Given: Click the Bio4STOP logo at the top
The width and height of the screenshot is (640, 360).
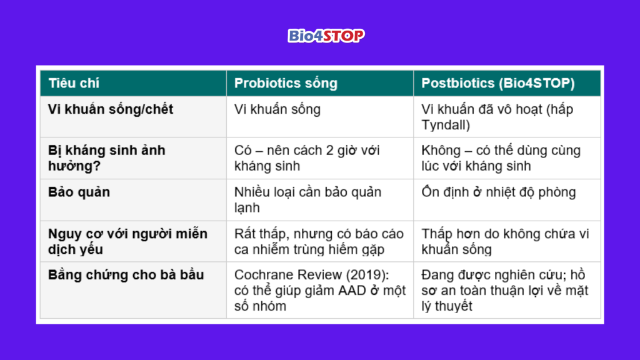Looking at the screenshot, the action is click(x=326, y=36).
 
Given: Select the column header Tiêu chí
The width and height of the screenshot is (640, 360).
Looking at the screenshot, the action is click(x=74, y=83).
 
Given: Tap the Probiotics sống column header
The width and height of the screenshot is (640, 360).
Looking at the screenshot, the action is click(x=286, y=83).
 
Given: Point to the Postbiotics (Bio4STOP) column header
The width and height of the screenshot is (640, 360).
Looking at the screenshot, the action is click(x=498, y=83).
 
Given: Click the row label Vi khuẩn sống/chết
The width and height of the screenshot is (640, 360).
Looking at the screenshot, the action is click(x=111, y=109).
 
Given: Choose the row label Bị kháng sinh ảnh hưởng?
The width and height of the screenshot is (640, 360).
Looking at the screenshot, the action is click(x=107, y=158).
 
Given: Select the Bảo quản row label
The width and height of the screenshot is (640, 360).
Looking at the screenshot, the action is click(x=79, y=192).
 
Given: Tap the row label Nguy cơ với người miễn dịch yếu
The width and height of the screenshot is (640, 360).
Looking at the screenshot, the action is click(x=127, y=241).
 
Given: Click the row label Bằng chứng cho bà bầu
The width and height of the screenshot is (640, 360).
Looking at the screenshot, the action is click(x=126, y=275).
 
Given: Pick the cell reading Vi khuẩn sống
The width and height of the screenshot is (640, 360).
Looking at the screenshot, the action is click(x=277, y=109).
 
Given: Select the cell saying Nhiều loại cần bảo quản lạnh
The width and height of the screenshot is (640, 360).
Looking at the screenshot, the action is click(x=307, y=200).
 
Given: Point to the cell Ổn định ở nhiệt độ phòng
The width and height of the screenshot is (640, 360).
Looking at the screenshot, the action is click(x=498, y=192).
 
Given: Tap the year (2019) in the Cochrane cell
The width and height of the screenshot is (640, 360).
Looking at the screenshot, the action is click(x=367, y=275).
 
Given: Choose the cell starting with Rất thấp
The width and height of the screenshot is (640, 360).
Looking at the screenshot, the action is click(x=319, y=241).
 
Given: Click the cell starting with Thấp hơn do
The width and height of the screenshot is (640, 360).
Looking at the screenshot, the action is click(x=505, y=241).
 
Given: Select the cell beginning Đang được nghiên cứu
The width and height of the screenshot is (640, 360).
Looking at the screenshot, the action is click(x=505, y=290).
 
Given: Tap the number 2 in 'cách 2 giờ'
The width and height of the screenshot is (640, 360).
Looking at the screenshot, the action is click(x=330, y=151).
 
